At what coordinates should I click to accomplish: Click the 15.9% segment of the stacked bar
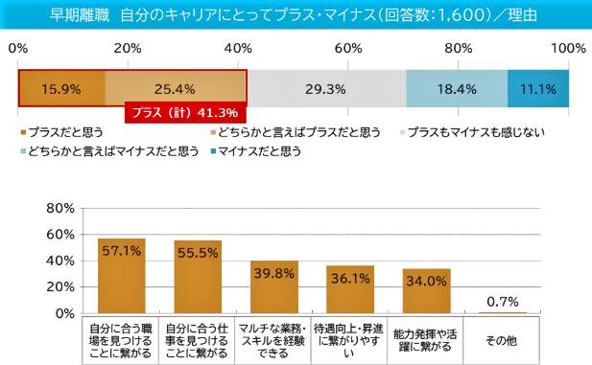click(61, 89)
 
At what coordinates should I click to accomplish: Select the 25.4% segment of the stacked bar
click(176, 89)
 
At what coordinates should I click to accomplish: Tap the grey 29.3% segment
click(325, 89)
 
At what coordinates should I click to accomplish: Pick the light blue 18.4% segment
click(456, 89)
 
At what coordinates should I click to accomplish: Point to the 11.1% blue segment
click(538, 89)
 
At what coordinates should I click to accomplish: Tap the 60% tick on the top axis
click(349, 48)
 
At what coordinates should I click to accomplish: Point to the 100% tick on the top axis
click(569, 48)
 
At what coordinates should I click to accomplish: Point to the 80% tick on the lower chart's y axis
click(59, 209)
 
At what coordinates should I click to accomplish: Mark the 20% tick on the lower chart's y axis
click(59, 287)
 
